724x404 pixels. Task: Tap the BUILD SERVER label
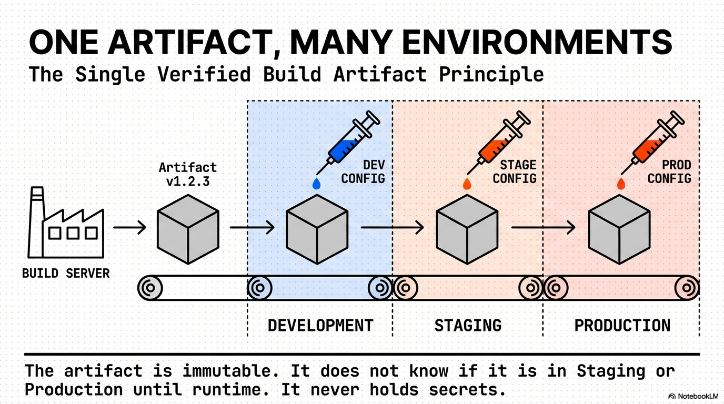(x=66, y=274)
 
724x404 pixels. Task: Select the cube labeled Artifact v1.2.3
(x=188, y=228)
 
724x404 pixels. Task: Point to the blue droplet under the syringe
(x=316, y=184)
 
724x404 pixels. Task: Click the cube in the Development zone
(x=317, y=228)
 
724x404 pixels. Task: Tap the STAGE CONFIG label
(x=515, y=172)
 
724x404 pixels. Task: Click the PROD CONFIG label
(x=669, y=172)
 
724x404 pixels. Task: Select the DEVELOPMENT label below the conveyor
(x=320, y=325)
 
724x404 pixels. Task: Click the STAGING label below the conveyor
(x=468, y=325)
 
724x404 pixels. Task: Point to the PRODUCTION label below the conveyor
(x=622, y=325)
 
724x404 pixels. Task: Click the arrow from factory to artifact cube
(x=129, y=227)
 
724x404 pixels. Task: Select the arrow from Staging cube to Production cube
(x=543, y=227)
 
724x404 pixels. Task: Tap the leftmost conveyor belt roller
(x=150, y=288)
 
